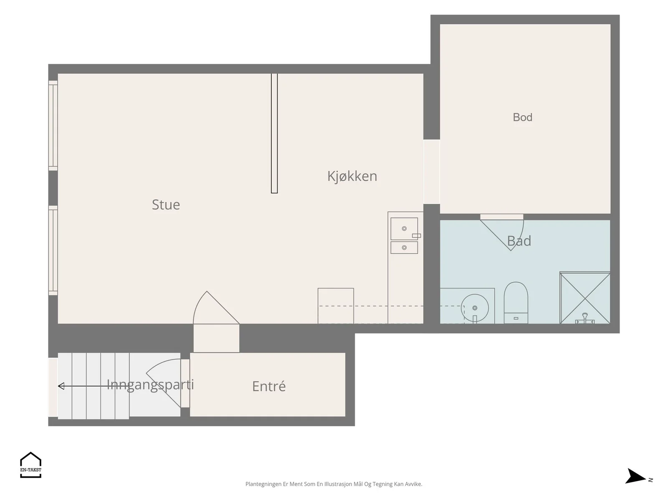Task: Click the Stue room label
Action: tap(166, 205)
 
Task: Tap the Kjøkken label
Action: tap(352, 176)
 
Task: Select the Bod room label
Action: tap(523, 117)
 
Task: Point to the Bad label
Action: tap(519, 241)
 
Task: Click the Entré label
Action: tap(269, 386)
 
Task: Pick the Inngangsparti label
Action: tap(150, 385)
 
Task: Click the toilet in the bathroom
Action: tap(516, 303)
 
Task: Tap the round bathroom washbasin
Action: tap(475, 308)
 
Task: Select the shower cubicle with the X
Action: tap(585, 298)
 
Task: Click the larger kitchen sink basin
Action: tap(404, 229)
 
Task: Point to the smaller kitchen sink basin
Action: tap(404, 248)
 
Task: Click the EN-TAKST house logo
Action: tap(31, 465)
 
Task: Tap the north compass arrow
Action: tap(635, 476)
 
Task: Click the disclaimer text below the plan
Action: tap(334, 484)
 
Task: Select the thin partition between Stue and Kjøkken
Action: tap(274, 133)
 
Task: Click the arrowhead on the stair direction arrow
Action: tap(61, 386)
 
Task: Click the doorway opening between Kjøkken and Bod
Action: tap(432, 172)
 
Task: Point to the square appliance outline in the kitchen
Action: tap(336, 306)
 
